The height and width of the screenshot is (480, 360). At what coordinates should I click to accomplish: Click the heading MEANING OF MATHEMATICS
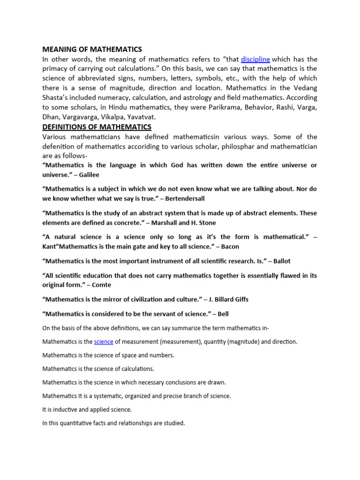(x=92, y=49)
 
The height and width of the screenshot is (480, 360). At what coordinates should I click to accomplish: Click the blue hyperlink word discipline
(x=255, y=59)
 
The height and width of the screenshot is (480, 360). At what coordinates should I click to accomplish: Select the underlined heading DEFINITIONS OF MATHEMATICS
(x=97, y=127)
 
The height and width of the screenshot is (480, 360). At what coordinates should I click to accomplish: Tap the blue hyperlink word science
(x=104, y=342)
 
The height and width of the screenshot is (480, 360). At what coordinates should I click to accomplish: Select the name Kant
(x=50, y=246)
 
